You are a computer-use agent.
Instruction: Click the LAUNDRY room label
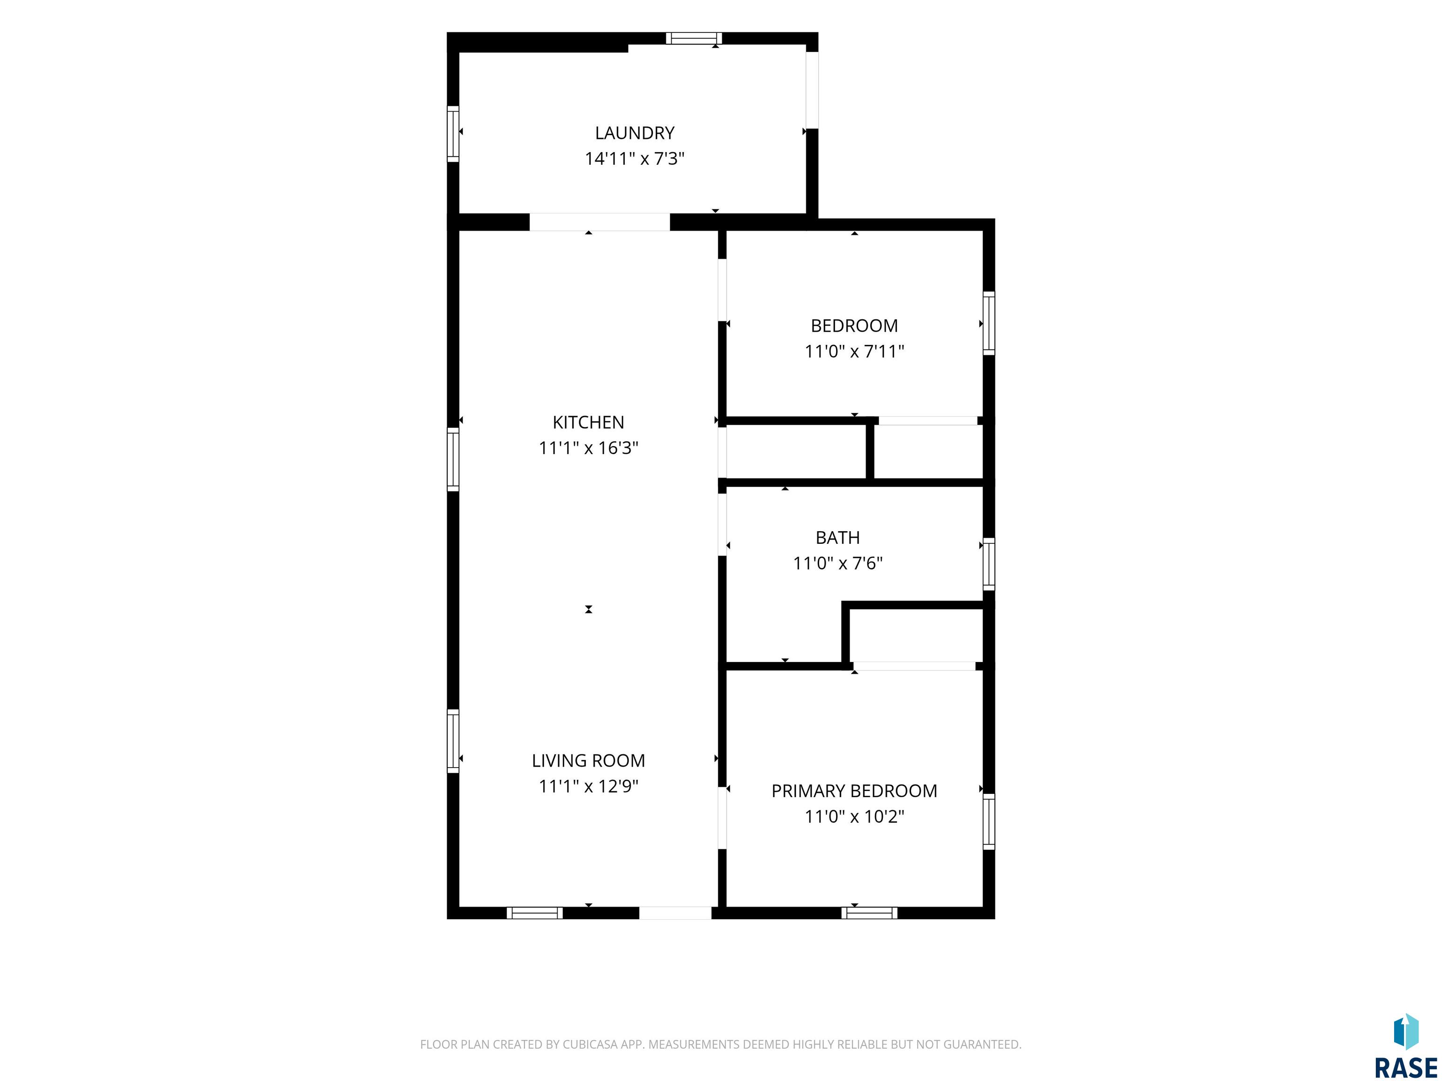[x=634, y=133]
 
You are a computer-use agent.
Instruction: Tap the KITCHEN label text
[x=588, y=422]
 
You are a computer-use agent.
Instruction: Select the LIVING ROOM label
[x=588, y=761]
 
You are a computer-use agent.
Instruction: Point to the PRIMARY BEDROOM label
[x=854, y=791]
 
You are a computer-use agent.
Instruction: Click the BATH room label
[x=838, y=538]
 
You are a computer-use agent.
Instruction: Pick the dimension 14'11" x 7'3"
[x=634, y=158]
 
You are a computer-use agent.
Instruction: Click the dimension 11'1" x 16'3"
[x=588, y=448]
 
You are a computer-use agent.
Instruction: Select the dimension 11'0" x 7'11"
[x=854, y=351]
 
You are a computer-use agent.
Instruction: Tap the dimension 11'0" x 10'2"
[x=854, y=816]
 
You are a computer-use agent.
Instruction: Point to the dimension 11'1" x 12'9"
[x=588, y=786]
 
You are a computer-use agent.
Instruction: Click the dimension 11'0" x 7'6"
[x=838, y=563]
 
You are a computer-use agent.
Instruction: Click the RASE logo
[x=1405, y=1046]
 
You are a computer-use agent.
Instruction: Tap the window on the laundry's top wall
[x=694, y=38]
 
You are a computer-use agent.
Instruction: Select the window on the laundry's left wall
[x=453, y=134]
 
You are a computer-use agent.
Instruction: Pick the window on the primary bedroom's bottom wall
[x=869, y=913]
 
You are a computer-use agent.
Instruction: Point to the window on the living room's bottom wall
[x=535, y=913]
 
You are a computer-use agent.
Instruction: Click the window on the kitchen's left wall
[x=453, y=459]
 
